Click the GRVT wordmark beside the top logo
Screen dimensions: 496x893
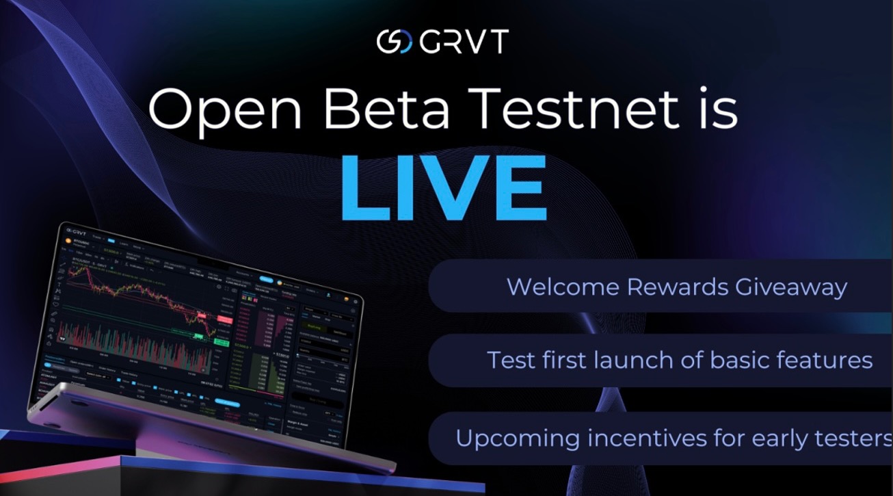[464, 42]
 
